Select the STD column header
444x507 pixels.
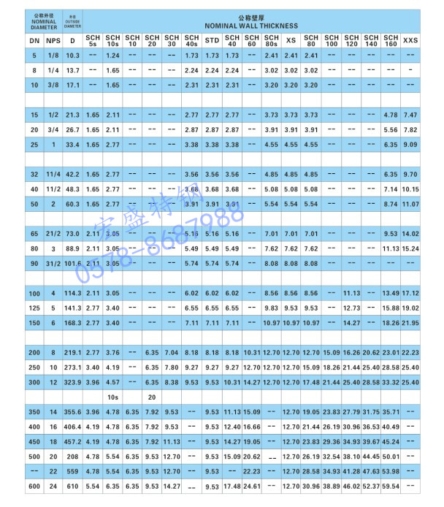point(212,40)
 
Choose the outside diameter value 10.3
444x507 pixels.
point(72,56)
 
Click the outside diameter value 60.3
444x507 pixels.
point(72,204)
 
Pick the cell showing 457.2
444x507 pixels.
point(72,442)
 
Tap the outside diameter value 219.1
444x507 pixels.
point(72,353)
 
